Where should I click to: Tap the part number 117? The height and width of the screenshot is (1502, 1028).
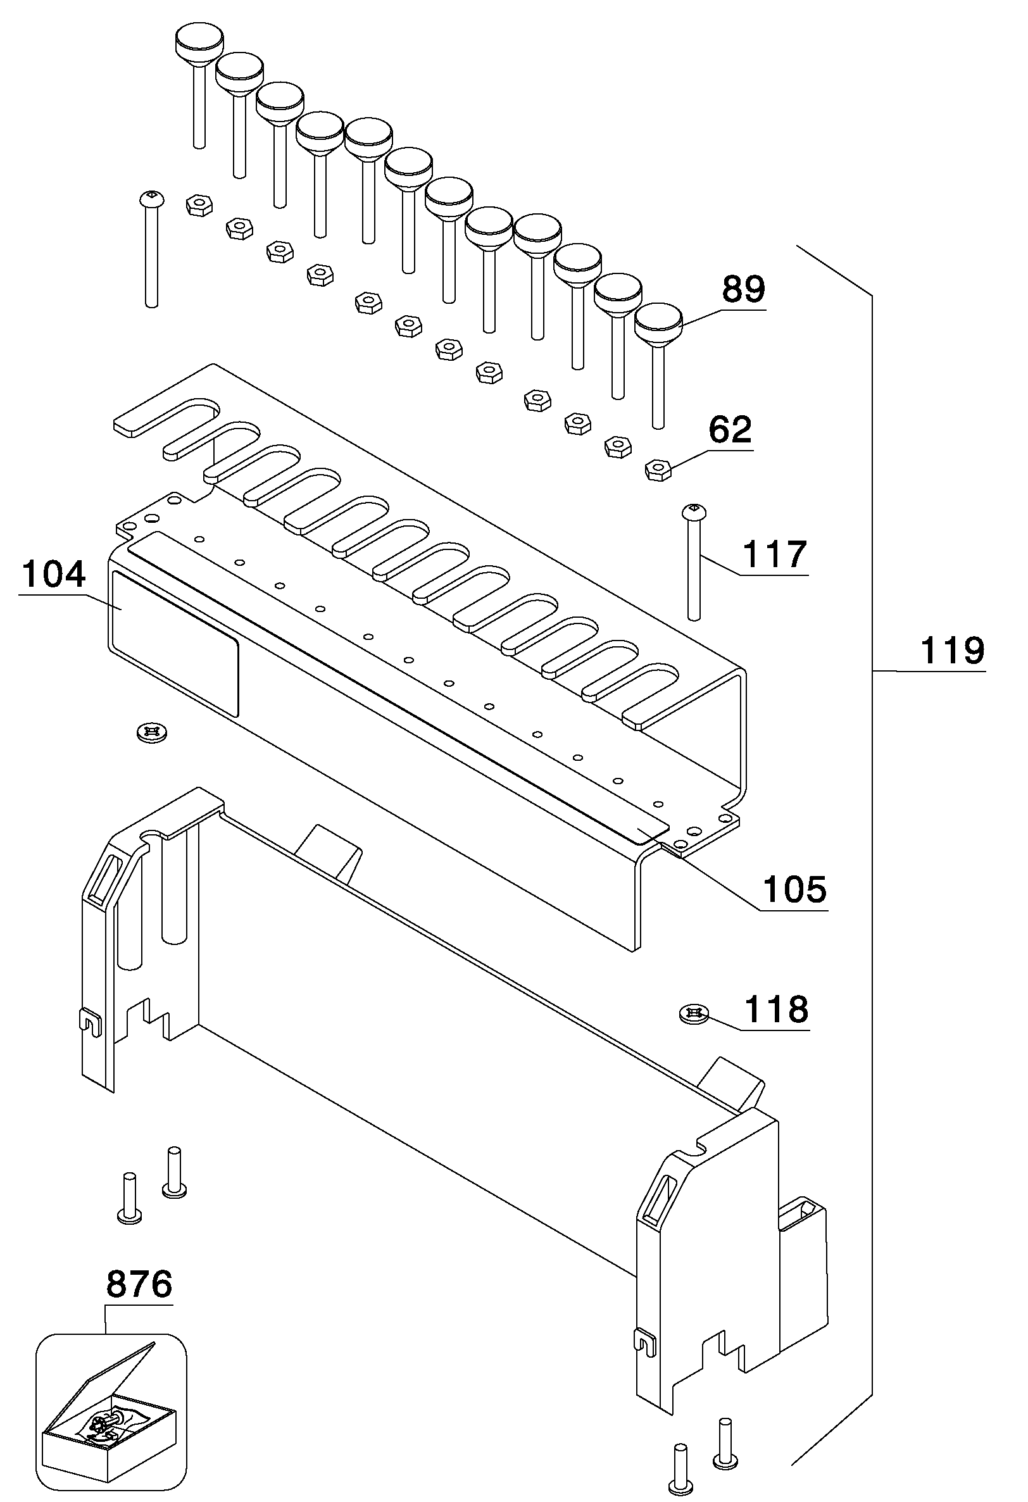coord(775,554)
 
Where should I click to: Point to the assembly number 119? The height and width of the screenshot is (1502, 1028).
coord(951,650)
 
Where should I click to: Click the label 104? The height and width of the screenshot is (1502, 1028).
coord(53,574)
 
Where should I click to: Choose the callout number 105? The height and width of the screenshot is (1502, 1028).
coord(794,890)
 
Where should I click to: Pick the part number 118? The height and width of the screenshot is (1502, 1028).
coord(776,1009)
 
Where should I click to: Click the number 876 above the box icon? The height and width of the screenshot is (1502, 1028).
coord(139,1284)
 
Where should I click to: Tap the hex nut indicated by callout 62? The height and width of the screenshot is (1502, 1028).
coord(658,469)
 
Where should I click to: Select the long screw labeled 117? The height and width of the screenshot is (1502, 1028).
coord(693,561)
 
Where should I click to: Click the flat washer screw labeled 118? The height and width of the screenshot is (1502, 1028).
coord(694,1013)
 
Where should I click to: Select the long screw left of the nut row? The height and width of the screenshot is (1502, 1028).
coord(151,249)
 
